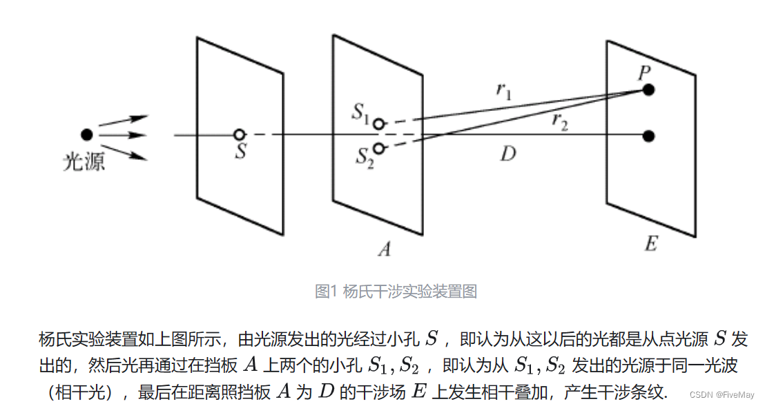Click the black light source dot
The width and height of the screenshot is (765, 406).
pyautogui.click(x=86, y=134)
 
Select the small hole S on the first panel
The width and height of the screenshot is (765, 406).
pyautogui.click(x=239, y=134)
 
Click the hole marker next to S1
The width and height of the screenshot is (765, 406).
pyautogui.click(x=378, y=124)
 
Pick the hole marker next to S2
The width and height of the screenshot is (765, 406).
pyautogui.click(x=378, y=148)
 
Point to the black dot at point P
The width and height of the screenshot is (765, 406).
pyautogui.click(x=648, y=90)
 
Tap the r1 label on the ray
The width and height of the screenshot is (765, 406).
pyautogui.click(x=504, y=91)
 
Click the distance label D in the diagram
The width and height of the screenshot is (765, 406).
pyautogui.click(x=507, y=154)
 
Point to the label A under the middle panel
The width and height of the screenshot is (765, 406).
pyautogui.click(x=384, y=250)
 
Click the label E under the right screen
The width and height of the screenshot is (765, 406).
pyautogui.click(x=650, y=244)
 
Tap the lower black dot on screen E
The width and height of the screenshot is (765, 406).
pyautogui.click(x=648, y=136)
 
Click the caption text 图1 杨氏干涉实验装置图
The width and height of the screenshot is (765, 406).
pyautogui.click(x=396, y=291)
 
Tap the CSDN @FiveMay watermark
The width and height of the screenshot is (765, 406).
pyautogui.click(x=724, y=395)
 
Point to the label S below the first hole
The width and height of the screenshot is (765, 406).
pyautogui.click(x=240, y=152)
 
